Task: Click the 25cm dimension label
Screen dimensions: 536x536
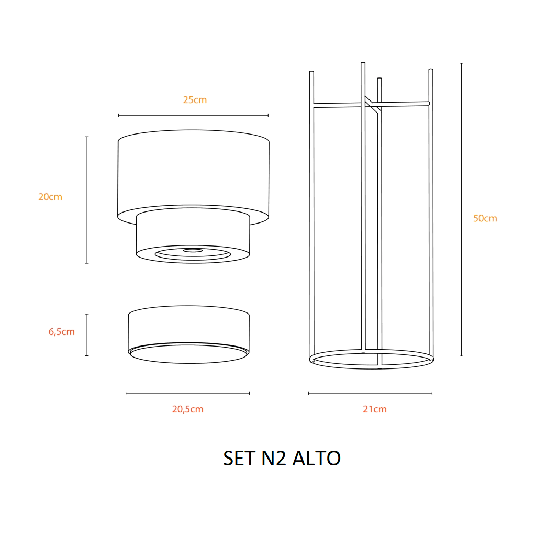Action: [195, 100]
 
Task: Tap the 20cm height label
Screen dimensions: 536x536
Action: [50, 197]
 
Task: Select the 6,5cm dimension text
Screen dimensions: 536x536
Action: [62, 331]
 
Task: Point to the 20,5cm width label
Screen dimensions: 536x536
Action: [188, 409]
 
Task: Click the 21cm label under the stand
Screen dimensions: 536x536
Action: [375, 409]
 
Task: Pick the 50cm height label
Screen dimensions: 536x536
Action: [485, 218]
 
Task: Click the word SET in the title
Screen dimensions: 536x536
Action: [239, 458]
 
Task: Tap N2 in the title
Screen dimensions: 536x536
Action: [273, 458]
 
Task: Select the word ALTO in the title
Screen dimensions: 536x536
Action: [317, 458]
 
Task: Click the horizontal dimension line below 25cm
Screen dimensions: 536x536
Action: [194, 115]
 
